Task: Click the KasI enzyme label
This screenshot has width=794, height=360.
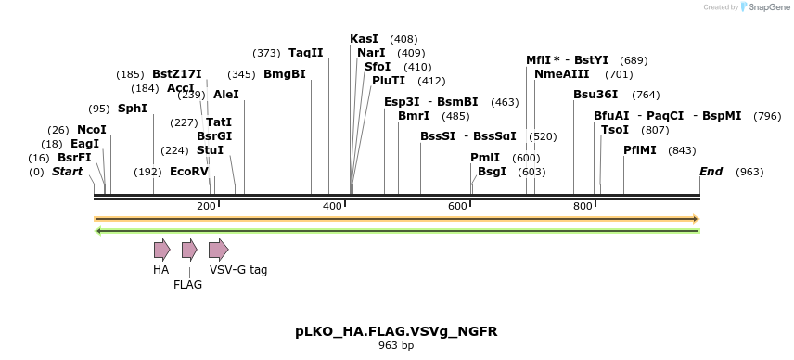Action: [x=364, y=39]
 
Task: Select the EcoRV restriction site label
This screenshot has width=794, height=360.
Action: [x=189, y=172]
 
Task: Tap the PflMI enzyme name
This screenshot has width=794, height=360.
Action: [x=641, y=150]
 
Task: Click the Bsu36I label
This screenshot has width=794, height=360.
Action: [x=595, y=95]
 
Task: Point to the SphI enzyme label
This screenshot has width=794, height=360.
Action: [x=132, y=109]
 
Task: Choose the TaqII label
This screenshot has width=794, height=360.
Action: [x=305, y=53]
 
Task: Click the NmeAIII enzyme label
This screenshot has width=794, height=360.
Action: [x=563, y=74]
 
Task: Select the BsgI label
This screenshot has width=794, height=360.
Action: [x=492, y=172]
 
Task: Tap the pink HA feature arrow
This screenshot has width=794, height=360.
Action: [x=161, y=249]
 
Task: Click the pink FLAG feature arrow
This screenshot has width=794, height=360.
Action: [x=189, y=249]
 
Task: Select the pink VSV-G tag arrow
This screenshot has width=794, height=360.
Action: [x=218, y=249]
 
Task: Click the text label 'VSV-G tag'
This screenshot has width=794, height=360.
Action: [x=238, y=270]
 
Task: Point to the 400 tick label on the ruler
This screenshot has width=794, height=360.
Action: [x=333, y=206]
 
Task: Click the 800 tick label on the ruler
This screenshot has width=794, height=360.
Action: [x=583, y=206]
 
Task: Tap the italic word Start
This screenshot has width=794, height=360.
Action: [x=67, y=172]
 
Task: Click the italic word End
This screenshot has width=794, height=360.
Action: [x=711, y=172]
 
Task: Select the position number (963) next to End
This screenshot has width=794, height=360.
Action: [x=749, y=173]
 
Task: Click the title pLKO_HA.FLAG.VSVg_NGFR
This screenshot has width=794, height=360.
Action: [x=396, y=331]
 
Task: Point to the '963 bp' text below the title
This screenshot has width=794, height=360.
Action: [x=396, y=346]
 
